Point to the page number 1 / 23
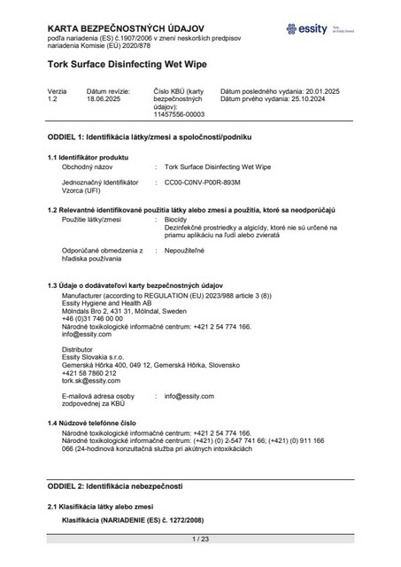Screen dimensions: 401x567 [200, 538]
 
